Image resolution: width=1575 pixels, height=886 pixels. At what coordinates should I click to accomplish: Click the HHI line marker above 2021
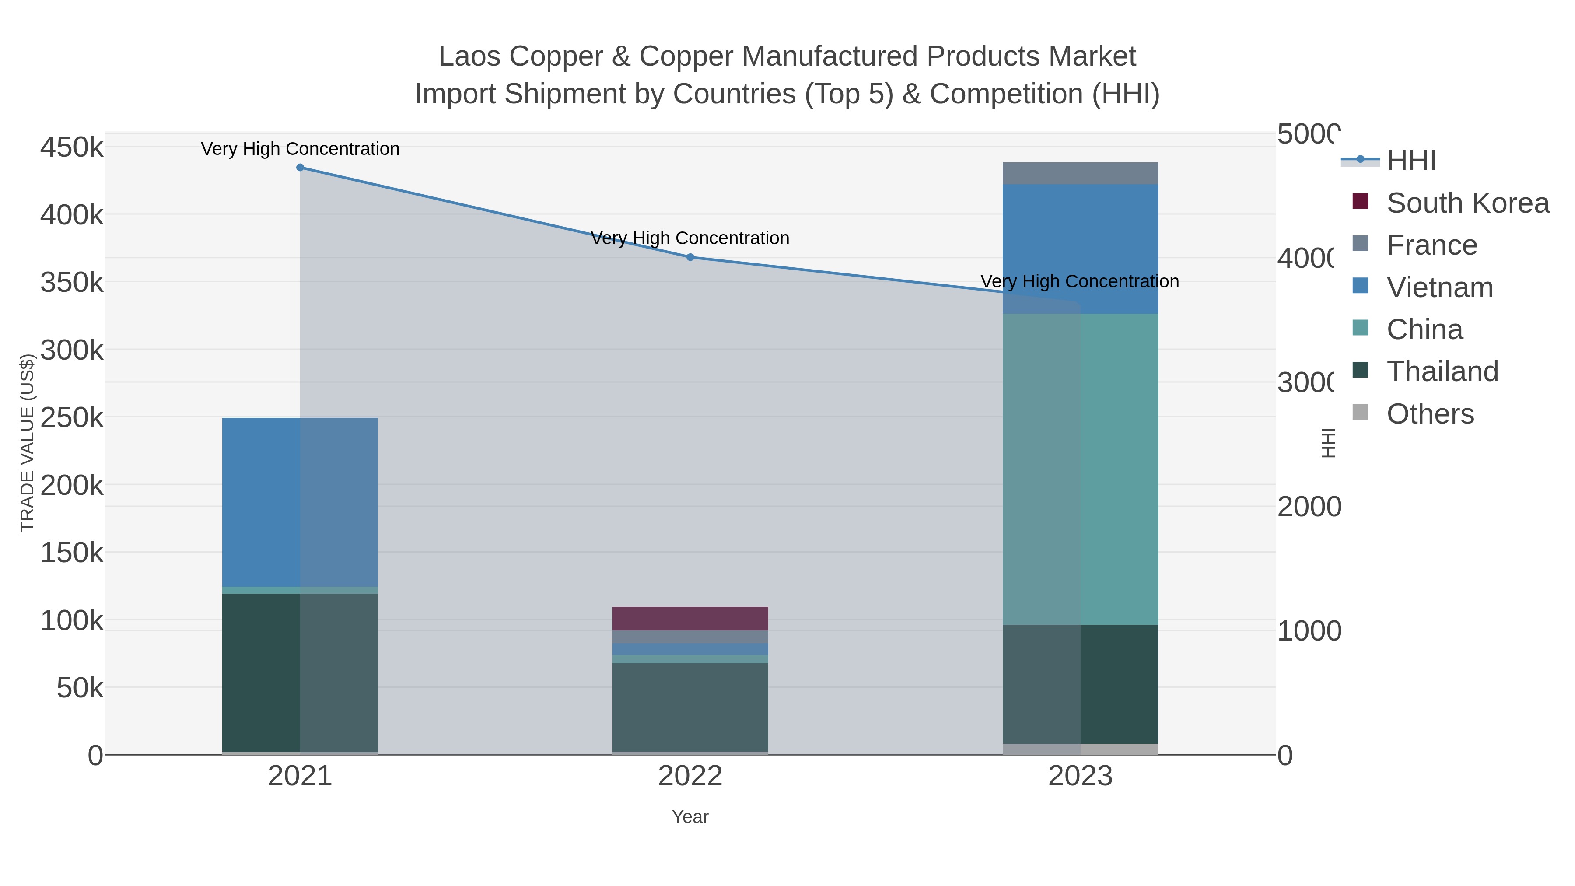coord(300,168)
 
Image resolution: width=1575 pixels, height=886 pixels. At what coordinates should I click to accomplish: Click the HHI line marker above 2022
coord(690,257)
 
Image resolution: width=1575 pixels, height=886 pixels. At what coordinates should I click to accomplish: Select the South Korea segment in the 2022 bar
coord(690,619)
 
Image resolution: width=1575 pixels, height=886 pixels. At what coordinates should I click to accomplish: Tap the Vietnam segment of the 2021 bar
coord(300,502)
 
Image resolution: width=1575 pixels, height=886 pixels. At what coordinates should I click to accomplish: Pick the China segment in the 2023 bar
coord(1080,469)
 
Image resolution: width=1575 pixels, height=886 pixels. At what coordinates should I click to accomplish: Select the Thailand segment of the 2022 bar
coord(690,707)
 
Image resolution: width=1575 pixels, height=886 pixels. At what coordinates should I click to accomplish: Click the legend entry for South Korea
coord(1467,203)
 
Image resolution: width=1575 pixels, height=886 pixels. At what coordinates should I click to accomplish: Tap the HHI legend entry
coord(1410,161)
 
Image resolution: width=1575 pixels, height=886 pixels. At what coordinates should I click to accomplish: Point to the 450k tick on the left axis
coord(72,147)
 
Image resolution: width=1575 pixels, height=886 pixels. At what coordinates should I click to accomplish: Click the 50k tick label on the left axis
coord(80,689)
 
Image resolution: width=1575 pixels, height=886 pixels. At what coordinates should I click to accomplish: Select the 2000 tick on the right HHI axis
coord(1309,507)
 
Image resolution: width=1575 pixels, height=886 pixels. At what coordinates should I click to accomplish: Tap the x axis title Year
coord(690,817)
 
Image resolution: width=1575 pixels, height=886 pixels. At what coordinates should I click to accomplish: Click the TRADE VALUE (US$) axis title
coord(28,443)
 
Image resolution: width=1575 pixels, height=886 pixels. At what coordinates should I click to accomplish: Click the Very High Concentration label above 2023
coord(1080,281)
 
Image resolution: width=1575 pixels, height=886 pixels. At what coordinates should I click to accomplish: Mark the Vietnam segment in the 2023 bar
coord(1080,249)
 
